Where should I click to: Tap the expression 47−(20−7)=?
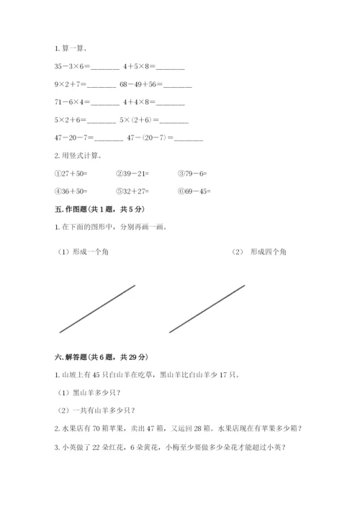click(163, 138)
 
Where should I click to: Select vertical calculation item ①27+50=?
click(71, 173)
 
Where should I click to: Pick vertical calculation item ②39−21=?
click(132, 173)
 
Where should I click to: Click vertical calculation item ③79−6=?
click(192, 173)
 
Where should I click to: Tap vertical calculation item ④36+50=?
click(71, 191)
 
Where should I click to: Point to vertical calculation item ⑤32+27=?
click(132, 191)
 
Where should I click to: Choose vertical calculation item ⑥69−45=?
click(194, 191)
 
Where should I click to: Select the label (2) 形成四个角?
click(259, 252)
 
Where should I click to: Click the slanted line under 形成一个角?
click(97, 309)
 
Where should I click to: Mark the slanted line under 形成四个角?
click(207, 309)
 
